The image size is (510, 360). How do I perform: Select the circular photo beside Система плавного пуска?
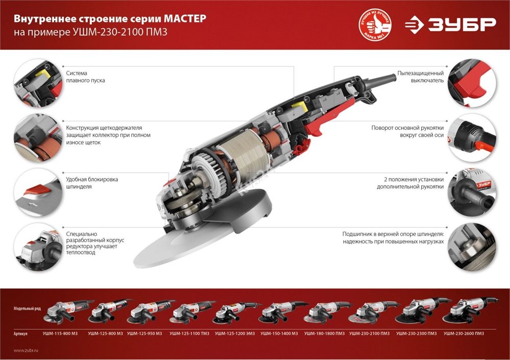click(35, 80)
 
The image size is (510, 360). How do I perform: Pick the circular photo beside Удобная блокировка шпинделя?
click(35, 190)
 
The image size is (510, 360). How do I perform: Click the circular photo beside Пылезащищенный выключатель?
click(472, 80)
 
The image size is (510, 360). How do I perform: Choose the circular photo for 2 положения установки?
click(472, 190)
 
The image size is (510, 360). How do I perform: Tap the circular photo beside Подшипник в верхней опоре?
click(472, 245)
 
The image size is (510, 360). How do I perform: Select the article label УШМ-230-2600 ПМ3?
click(464, 333)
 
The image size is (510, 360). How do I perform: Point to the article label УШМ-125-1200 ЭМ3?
click(234, 333)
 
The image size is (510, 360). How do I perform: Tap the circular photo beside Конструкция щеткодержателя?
click(35, 135)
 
